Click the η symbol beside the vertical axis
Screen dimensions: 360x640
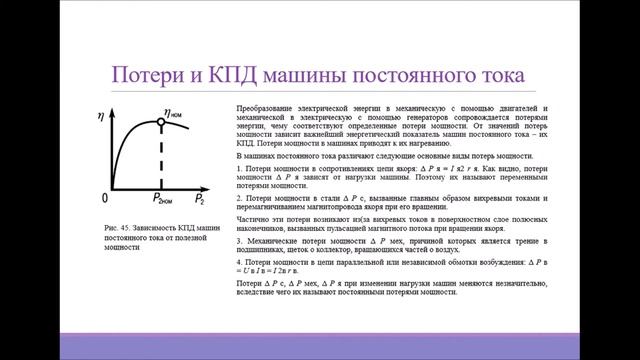point(101,116)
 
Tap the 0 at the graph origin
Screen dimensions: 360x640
point(106,197)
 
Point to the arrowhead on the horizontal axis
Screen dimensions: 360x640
point(204,187)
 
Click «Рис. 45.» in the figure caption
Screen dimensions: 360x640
point(117,230)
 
